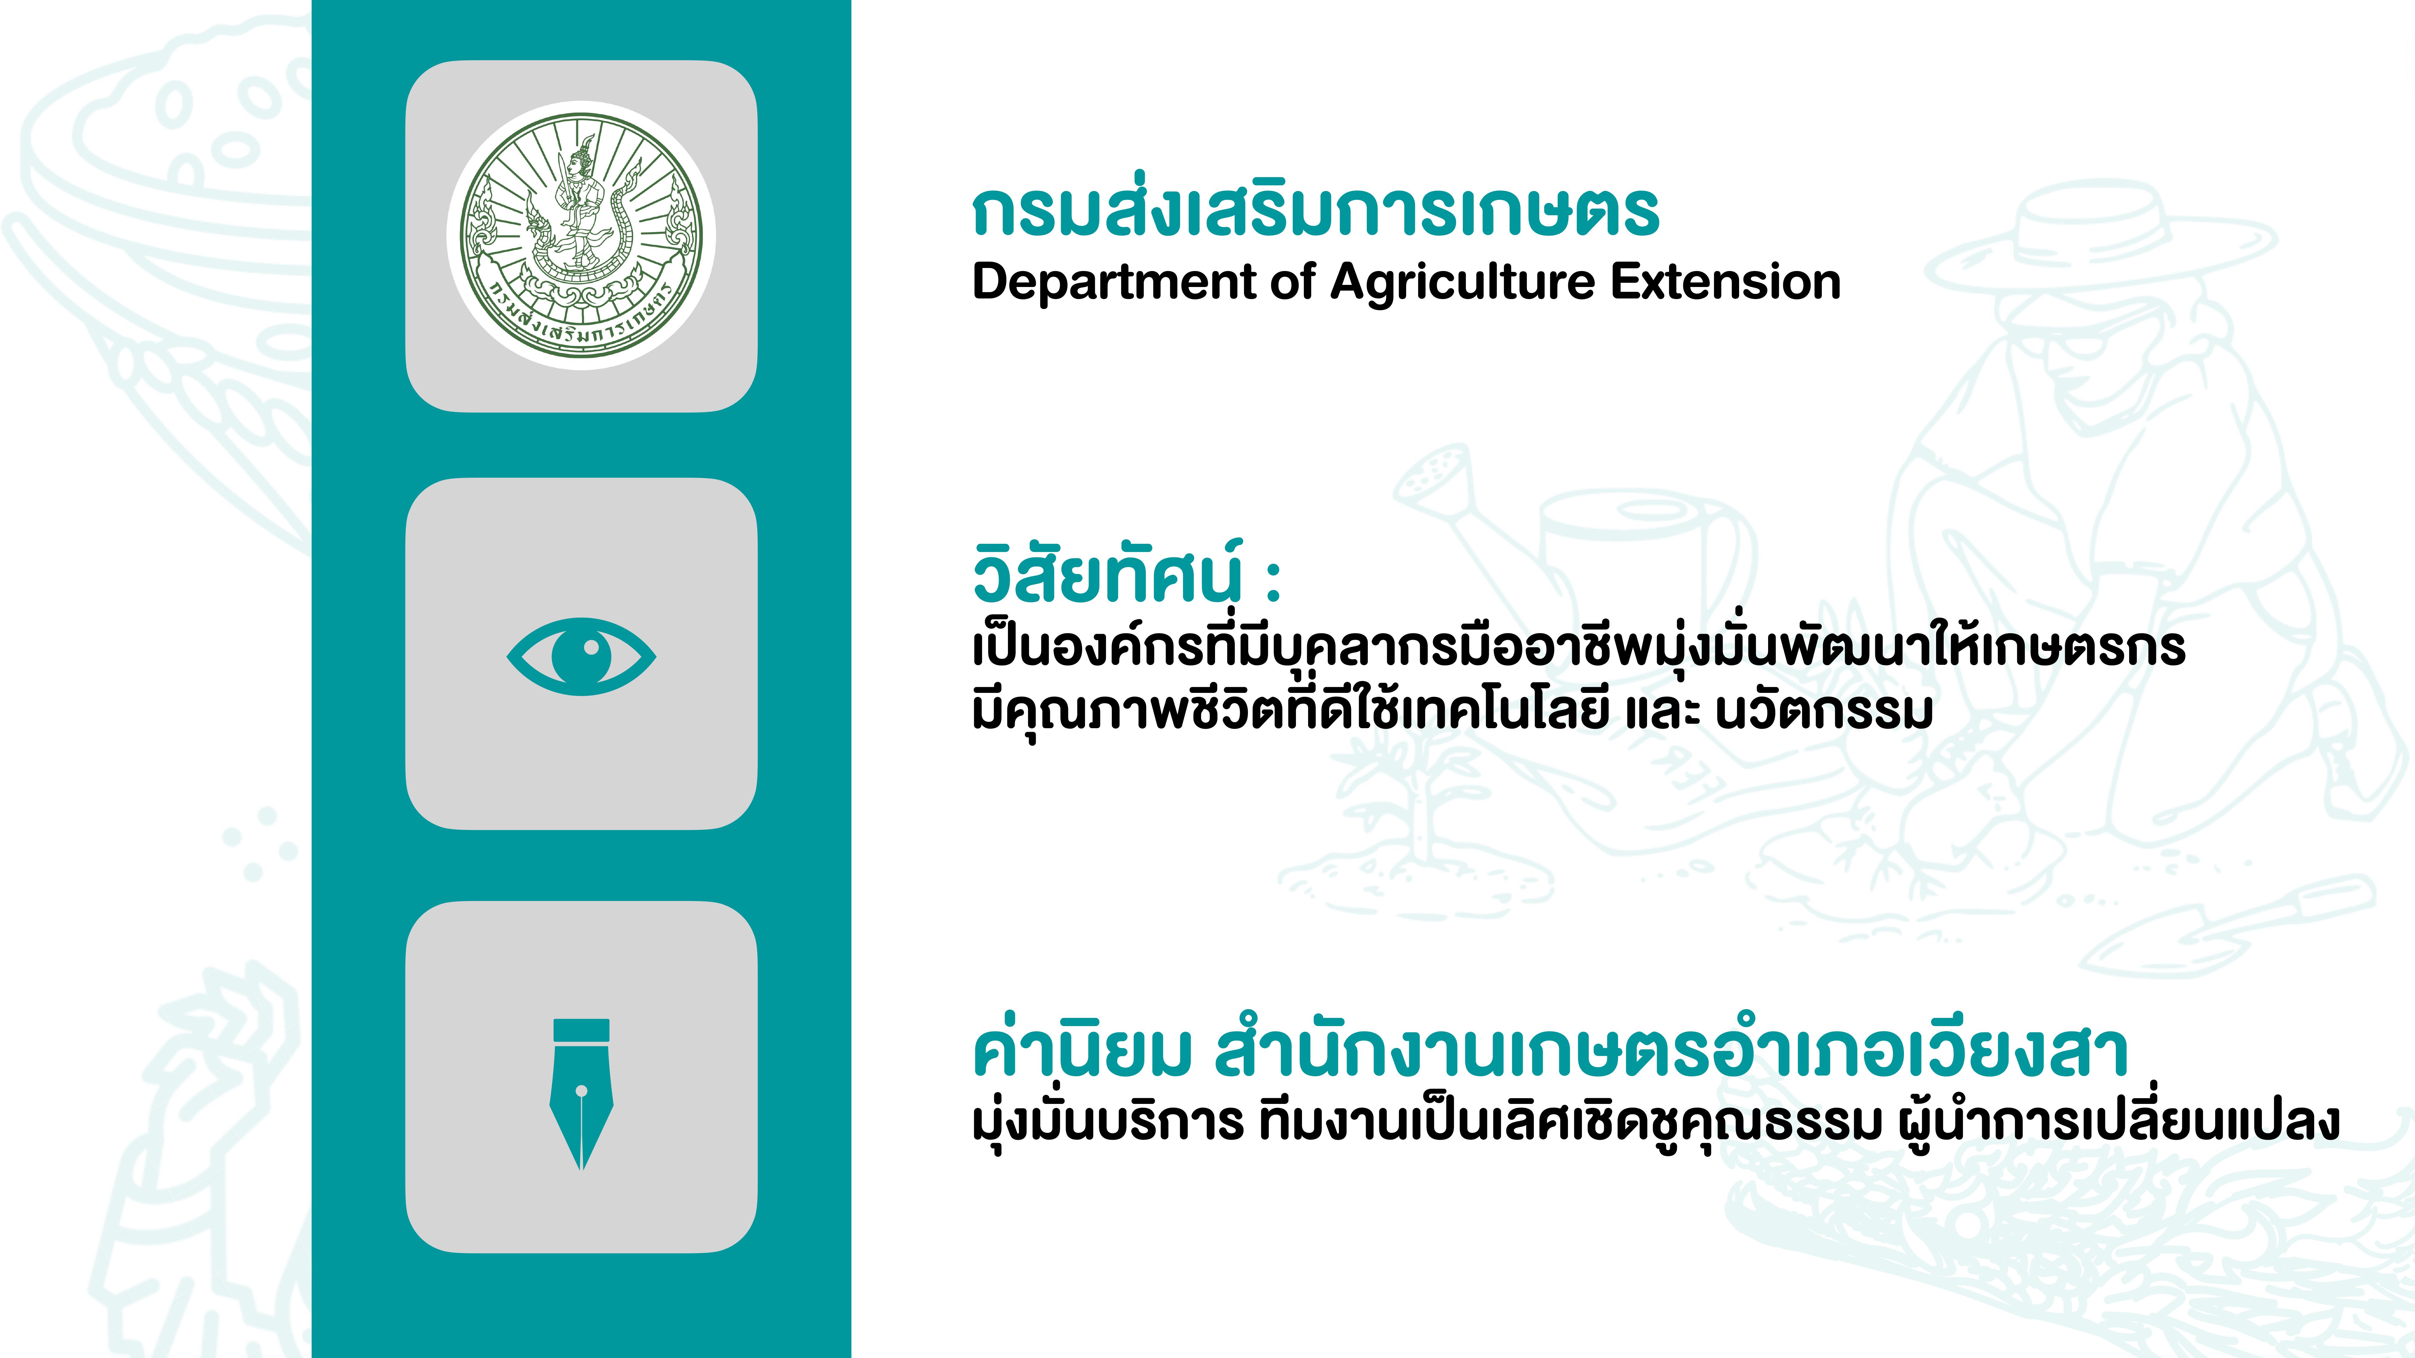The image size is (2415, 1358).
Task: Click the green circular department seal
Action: click(x=581, y=235)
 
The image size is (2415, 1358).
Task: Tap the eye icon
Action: click(x=581, y=656)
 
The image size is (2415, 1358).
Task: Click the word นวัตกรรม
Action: click(x=1824, y=712)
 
